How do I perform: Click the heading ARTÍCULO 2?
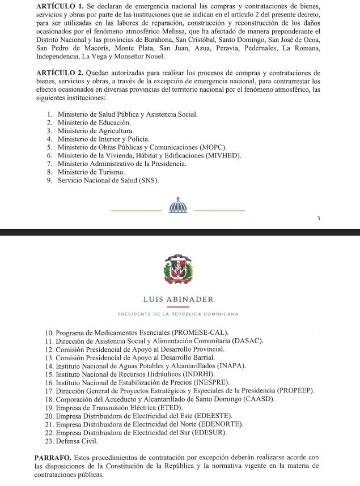click(60, 74)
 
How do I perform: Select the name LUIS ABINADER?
click(179, 300)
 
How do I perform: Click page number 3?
click(319, 219)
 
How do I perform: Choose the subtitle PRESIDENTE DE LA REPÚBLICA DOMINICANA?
click(178, 314)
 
